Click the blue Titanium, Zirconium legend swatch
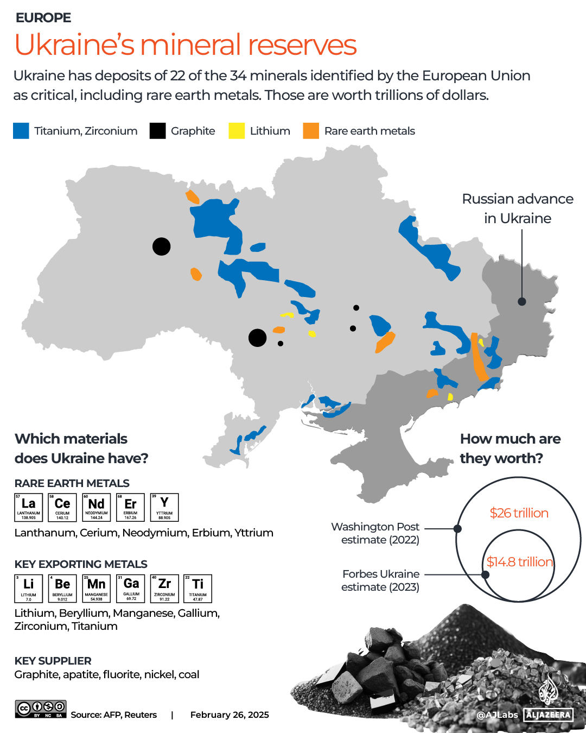[x=21, y=131]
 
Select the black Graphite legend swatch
[x=157, y=131]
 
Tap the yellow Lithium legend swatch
[x=237, y=131]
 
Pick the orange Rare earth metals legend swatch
[x=311, y=131]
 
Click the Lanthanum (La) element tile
[x=28, y=507]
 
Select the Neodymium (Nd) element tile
[x=97, y=507]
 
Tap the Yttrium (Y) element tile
[x=164, y=507]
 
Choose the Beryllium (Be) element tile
[x=62, y=589]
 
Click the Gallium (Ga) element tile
[x=131, y=589]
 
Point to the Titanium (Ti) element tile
[x=198, y=589]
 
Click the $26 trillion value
[x=519, y=513]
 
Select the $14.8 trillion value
[x=519, y=562]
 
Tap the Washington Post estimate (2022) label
[x=375, y=533]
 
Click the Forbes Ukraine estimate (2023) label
[x=380, y=580]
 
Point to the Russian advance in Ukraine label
[x=517, y=208]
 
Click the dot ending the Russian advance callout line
[x=521, y=301]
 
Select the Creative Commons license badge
[x=41, y=709]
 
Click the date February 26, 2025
[x=230, y=715]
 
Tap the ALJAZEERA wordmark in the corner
[x=549, y=715]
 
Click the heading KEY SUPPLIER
[x=53, y=661]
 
